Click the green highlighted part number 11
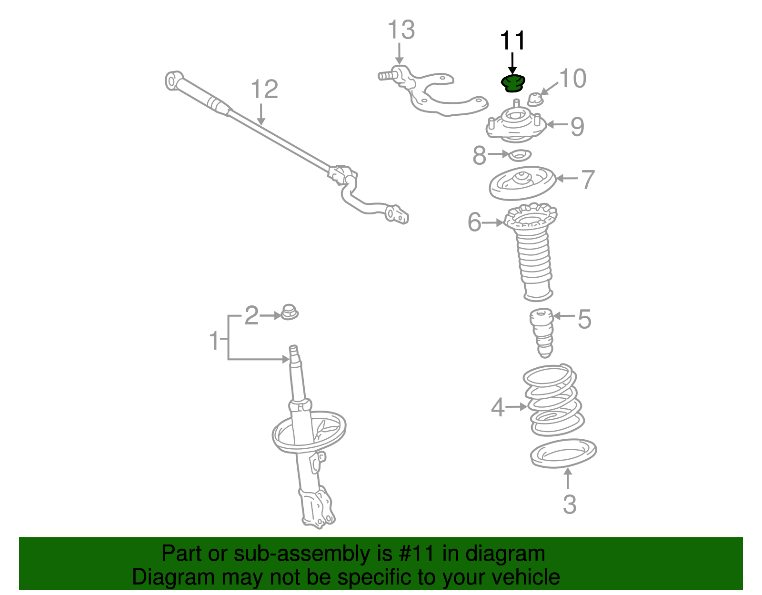click(x=512, y=84)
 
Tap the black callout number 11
click(x=512, y=40)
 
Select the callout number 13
click(x=401, y=30)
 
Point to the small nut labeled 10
click(x=535, y=100)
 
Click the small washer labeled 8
click(x=520, y=155)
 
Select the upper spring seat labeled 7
click(x=523, y=182)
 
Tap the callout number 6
click(x=474, y=222)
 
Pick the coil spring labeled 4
click(x=553, y=400)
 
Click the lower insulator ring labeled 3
click(x=563, y=453)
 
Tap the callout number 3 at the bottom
click(x=570, y=504)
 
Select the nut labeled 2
click(x=290, y=312)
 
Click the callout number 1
click(x=214, y=340)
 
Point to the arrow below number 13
click(x=399, y=54)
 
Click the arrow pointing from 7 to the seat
click(x=567, y=179)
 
